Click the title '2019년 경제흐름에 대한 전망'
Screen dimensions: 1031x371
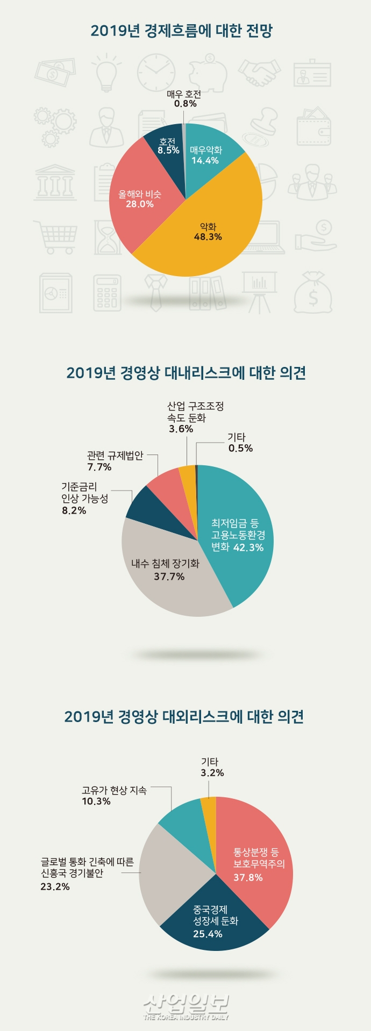[181, 31]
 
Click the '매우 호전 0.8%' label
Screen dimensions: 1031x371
[184, 99]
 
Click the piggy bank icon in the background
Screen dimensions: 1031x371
[209, 73]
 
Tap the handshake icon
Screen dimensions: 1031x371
[259, 73]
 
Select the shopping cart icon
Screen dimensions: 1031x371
[55, 236]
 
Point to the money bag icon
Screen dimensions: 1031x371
[312, 293]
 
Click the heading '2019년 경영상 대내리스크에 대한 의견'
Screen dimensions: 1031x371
[186, 372]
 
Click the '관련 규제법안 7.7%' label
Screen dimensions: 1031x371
[115, 461]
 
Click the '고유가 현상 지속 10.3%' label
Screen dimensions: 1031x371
[113, 796]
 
